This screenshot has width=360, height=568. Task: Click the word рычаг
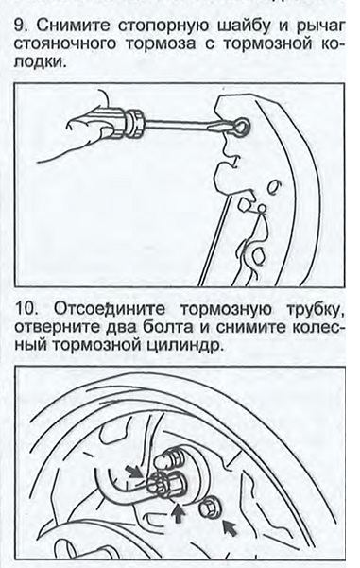click(x=319, y=27)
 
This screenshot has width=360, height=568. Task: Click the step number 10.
click(x=26, y=309)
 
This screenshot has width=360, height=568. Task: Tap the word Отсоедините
click(x=110, y=309)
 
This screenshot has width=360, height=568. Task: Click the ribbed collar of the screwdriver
click(x=134, y=123)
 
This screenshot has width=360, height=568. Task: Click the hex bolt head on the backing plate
click(x=209, y=508)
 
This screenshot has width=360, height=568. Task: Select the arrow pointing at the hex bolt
click(x=230, y=527)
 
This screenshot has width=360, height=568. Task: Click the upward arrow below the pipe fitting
click(x=178, y=512)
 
